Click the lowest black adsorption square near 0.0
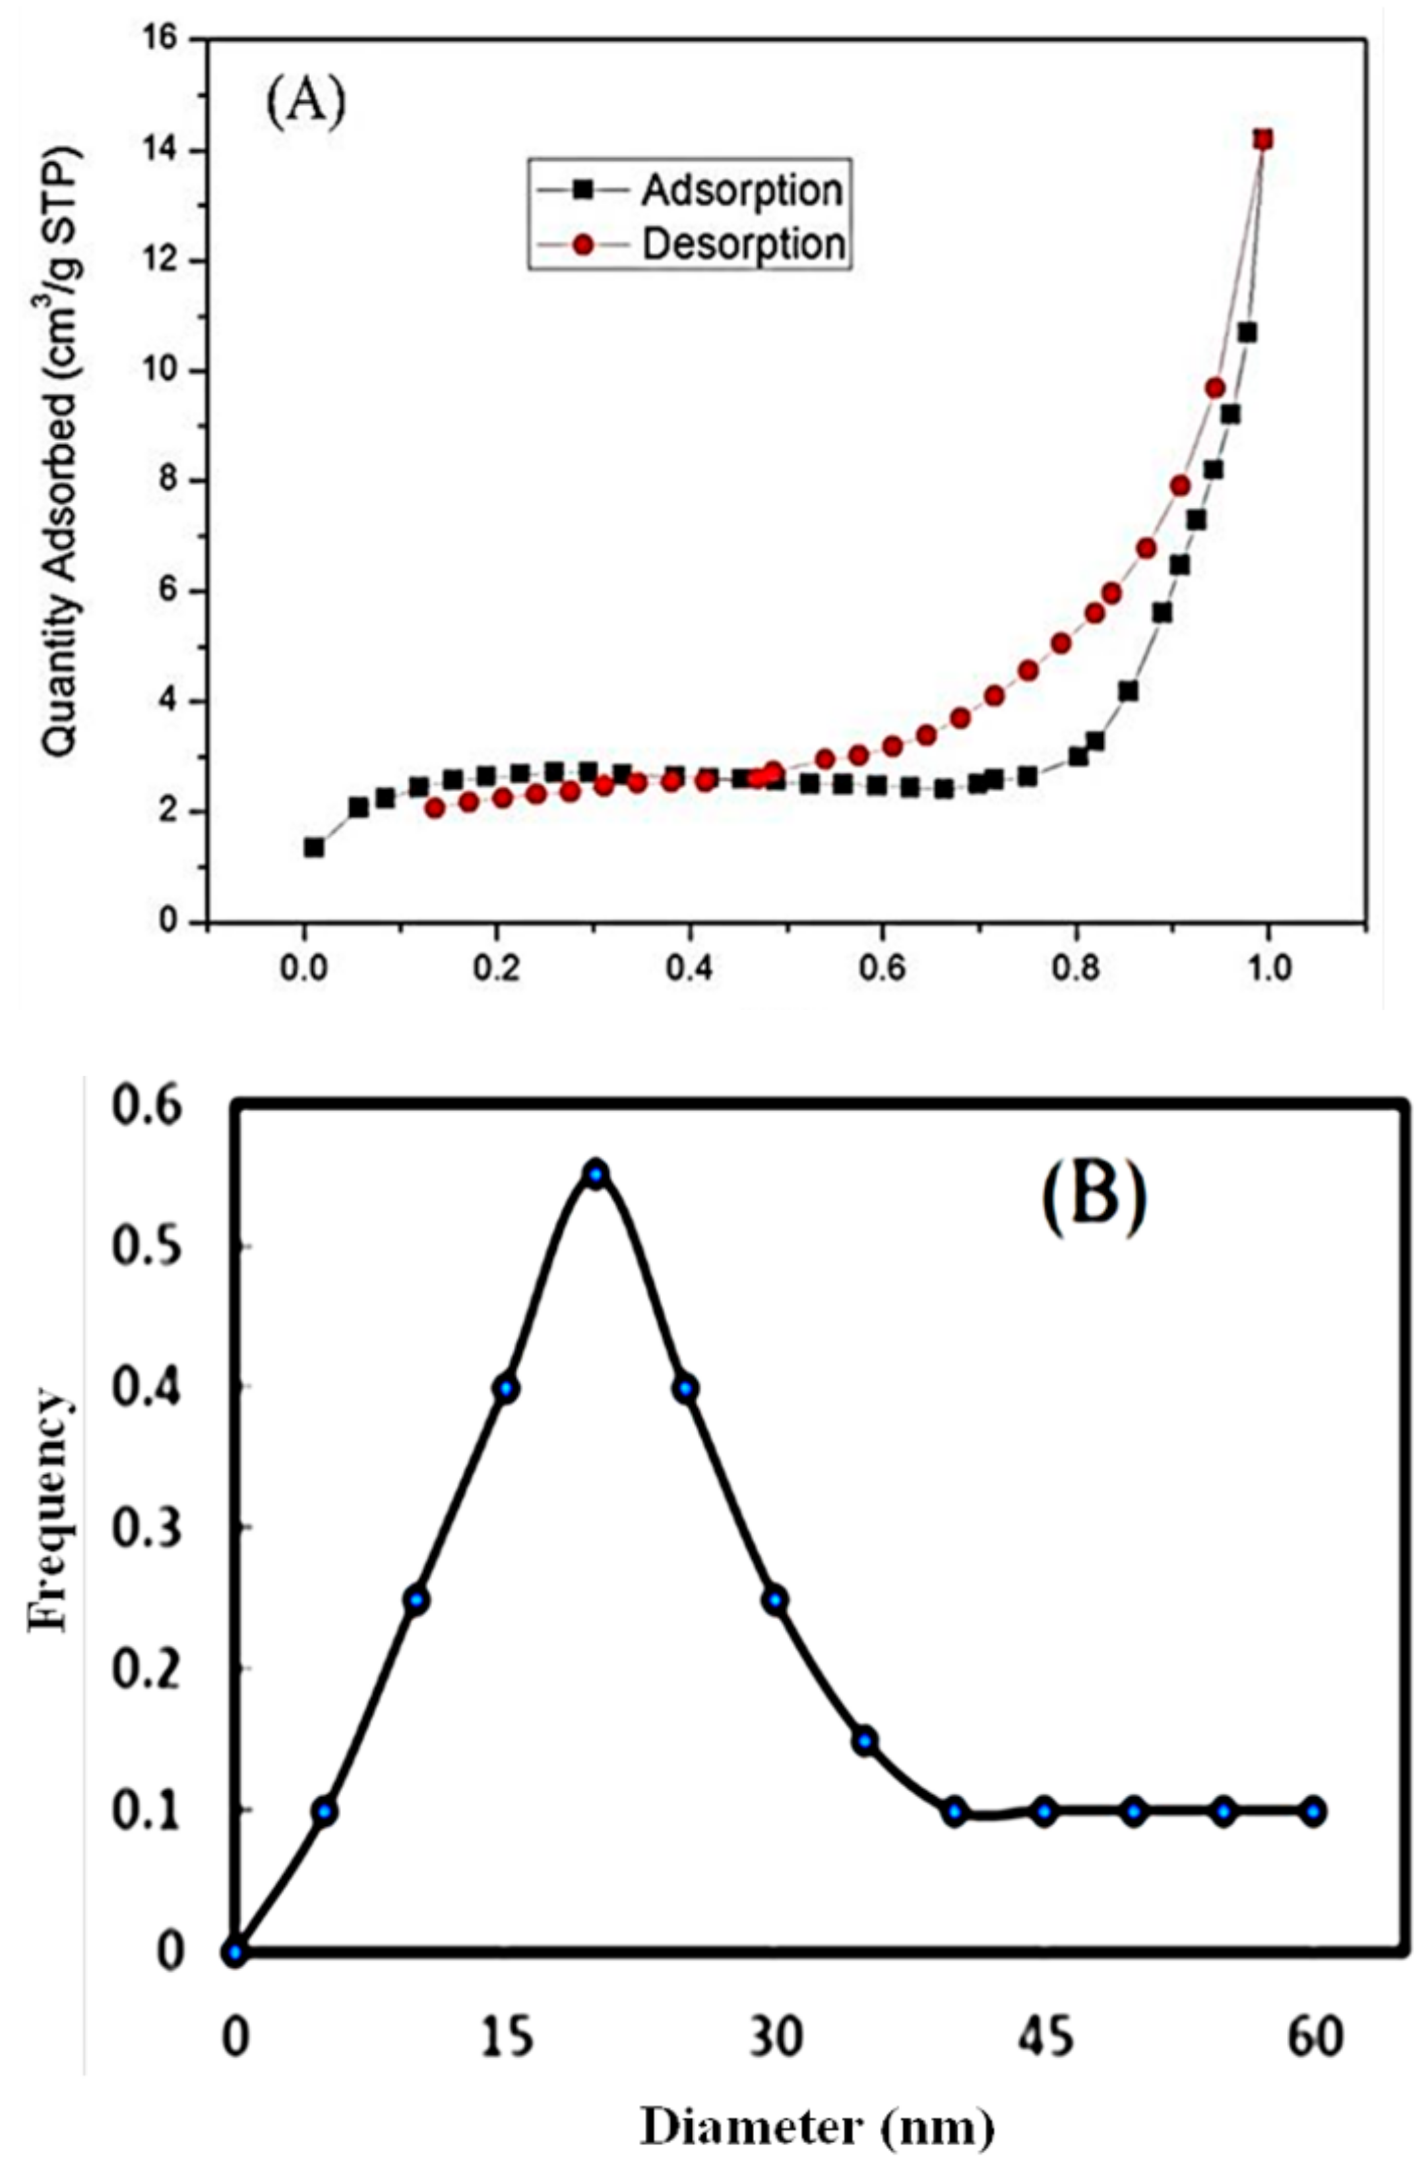313,847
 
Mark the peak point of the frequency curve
596,1175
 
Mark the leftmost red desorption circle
435,808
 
